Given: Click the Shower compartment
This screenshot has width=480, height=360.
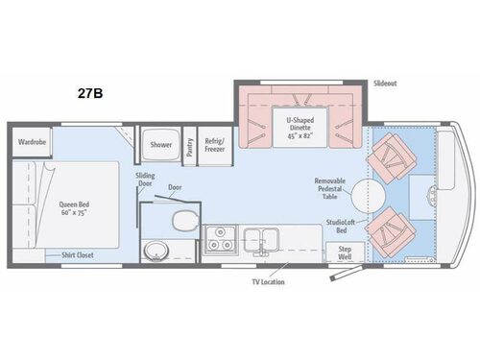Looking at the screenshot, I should (160, 144).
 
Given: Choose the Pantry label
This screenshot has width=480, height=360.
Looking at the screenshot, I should (190, 145).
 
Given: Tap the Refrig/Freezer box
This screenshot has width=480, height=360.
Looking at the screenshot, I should (214, 145).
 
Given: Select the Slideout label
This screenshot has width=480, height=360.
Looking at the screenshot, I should (386, 84).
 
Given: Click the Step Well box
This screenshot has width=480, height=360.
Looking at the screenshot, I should (344, 252).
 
